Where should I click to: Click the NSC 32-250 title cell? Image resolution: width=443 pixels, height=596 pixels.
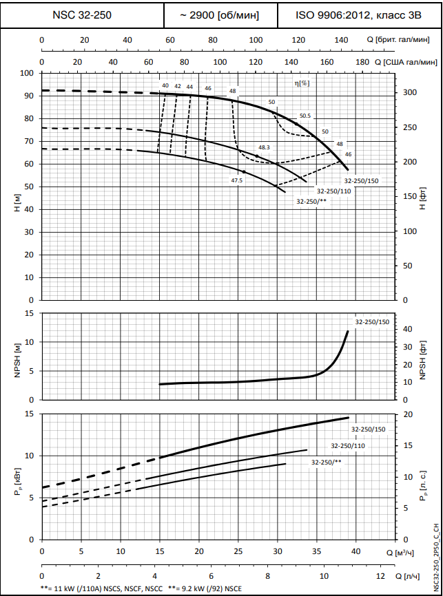pyautogui.click(x=82, y=14)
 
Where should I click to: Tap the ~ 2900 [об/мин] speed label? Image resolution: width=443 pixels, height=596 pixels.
pyautogui.click(x=220, y=14)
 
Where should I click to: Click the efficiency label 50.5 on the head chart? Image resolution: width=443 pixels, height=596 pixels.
pyautogui.click(x=305, y=116)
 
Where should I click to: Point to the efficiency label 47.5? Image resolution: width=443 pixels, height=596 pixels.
pyautogui.click(x=236, y=180)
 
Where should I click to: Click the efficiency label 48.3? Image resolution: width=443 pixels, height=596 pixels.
pyautogui.click(x=264, y=147)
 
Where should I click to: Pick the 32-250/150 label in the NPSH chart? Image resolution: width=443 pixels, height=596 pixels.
pyautogui.click(x=372, y=322)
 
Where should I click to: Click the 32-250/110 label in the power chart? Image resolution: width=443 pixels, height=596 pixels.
pyautogui.click(x=348, y=446)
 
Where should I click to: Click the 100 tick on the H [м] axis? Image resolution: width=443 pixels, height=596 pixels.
pyautogui.click(x=28, y=73)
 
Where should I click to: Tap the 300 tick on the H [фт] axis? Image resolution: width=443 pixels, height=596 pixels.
pyautogui.click(x=409, y=92)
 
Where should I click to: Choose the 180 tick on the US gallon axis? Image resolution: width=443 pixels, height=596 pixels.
pyautogui.click(x=362, y=62)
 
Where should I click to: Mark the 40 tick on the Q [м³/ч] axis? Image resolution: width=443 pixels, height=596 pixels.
pyautogui.click(x=356, y=552)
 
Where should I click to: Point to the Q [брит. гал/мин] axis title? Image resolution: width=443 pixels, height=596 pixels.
pyautogui.click(x=405, y=40)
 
